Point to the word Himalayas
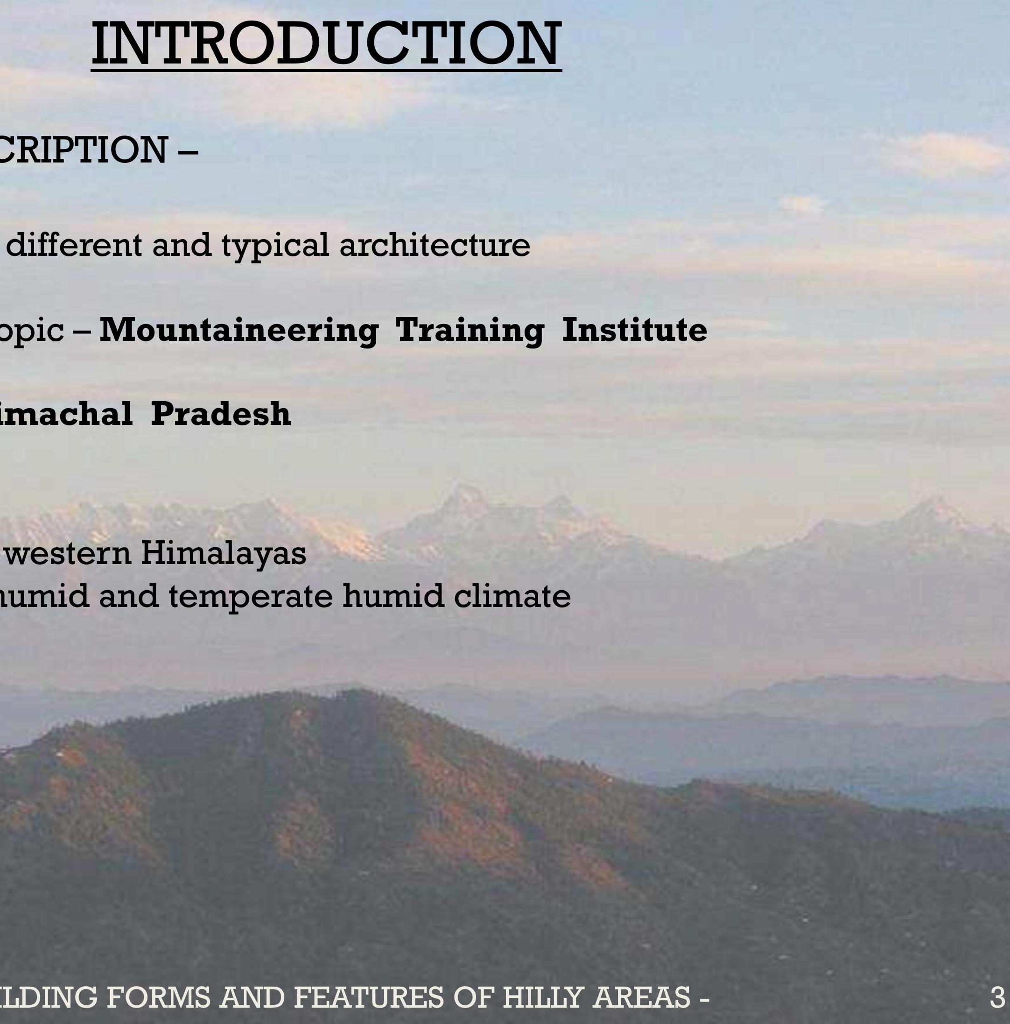click(x=223, y=553)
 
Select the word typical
click(x=275, y=246)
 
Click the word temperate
click(x=251, y=596)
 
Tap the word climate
click(x=512, y=595)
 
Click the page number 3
click(x=997, y=997)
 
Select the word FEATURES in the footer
click(x=368, y=997)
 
